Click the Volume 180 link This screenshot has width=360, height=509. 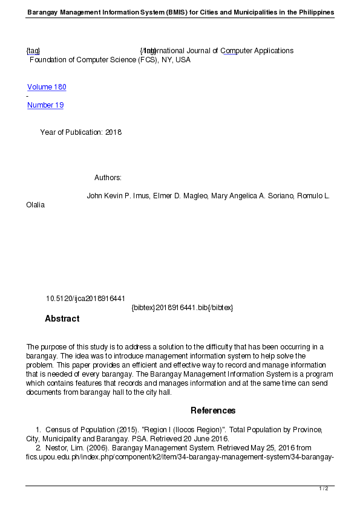click(x=47, y=87)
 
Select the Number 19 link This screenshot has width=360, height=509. click(x=45, y=105)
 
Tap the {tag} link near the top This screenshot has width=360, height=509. click(x=33, y=51)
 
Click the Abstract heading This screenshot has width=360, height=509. click(x=62, y=319)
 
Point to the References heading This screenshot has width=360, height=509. click(x=213, y=410)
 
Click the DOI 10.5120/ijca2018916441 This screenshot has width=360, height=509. click(x=85, y=299)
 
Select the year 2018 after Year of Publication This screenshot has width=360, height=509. click(x=114, y=132)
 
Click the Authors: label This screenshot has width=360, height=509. click(x=108, y=178)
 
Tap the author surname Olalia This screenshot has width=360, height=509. click(x=35, y=205)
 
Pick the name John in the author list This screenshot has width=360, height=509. click(x=95, y=196)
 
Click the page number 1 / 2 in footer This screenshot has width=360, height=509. click(x=324, y=488)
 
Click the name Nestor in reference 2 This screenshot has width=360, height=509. click(x=57, y=448)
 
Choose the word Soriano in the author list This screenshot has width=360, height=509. click(x=280, y=196)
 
